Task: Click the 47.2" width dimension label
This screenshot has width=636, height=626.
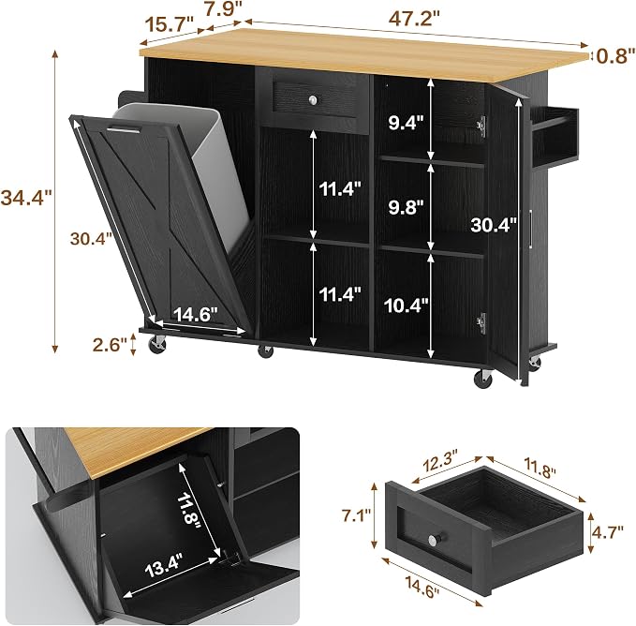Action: coord(414,18)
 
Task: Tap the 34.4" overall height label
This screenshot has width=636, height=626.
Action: coord(26,198)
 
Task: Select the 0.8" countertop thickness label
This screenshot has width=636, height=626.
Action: coord(615,55)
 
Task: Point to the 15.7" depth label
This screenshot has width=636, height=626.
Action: coord(170,24)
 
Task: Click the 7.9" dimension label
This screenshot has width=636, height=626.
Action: coord(224,9)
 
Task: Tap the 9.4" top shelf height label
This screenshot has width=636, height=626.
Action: coord(406,122)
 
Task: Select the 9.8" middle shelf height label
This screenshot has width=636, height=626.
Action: coord(406,208)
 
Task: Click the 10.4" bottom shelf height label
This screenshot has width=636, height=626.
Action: coord(406,306)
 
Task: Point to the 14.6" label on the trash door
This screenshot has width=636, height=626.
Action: coord(196,314)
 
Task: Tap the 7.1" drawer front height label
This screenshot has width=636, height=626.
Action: coord(357,516)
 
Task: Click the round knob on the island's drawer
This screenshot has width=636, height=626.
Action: coord(314,99)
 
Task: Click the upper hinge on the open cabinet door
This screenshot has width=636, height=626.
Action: coord(481,125)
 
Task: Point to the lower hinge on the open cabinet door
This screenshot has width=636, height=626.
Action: coord(481,323)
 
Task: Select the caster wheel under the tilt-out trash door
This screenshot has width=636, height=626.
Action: coord(157,344)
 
